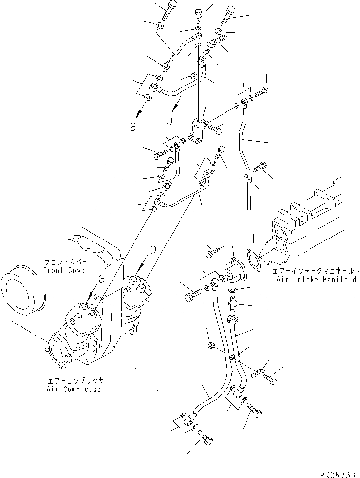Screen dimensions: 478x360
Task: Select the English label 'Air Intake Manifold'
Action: coord(317,278)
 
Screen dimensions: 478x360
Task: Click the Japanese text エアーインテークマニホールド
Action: coord(317,270)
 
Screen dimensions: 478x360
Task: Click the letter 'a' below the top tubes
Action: coord(133,127)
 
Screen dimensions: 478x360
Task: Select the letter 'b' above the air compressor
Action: coord(153,249)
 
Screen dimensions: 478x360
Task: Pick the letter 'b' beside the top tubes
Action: coord(168,119)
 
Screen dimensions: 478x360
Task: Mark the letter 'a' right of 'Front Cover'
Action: coord(102,280)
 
